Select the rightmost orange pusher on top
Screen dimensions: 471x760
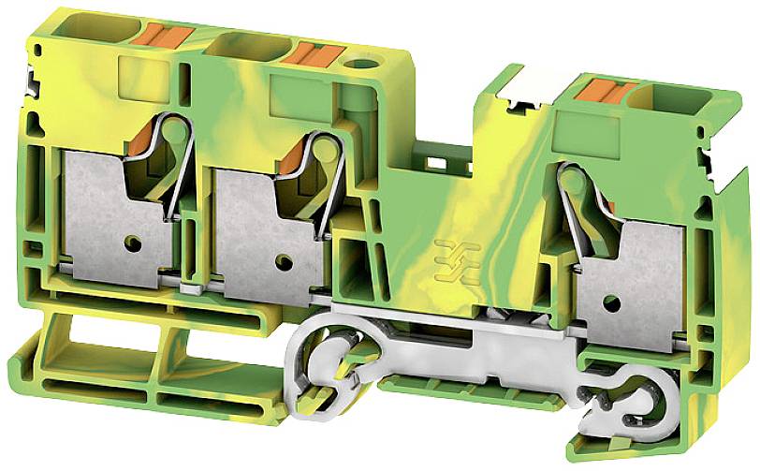603,92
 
